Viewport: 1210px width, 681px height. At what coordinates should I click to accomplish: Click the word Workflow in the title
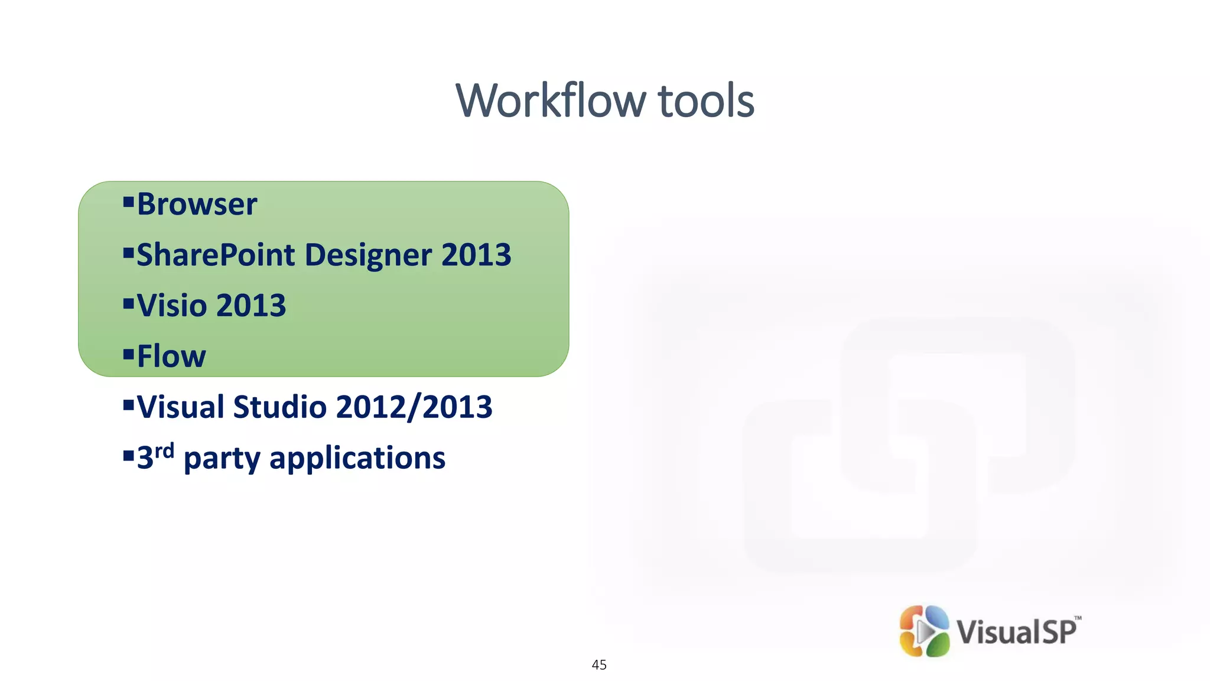pos(551,100)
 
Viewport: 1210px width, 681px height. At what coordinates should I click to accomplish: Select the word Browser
pos(197,205)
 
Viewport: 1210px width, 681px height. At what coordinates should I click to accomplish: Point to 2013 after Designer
pos(476,255)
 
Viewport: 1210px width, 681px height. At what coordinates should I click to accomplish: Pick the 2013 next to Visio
pos(251,306)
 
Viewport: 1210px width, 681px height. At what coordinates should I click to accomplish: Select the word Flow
pos(171,356)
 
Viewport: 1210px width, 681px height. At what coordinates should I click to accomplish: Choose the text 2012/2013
pos(414,407)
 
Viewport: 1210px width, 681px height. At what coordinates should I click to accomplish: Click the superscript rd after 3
pos(164,452)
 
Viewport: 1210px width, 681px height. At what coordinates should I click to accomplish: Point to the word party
pos(222,459)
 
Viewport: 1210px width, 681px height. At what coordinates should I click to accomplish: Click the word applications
pos(357,458)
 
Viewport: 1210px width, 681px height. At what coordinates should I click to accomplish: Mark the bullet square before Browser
pos(128,203)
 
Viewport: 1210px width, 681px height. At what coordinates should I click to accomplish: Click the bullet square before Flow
pos(128,355)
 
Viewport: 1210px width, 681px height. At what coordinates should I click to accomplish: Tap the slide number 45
pos(599,665)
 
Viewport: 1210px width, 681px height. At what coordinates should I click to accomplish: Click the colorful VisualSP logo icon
pos(924,631)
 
